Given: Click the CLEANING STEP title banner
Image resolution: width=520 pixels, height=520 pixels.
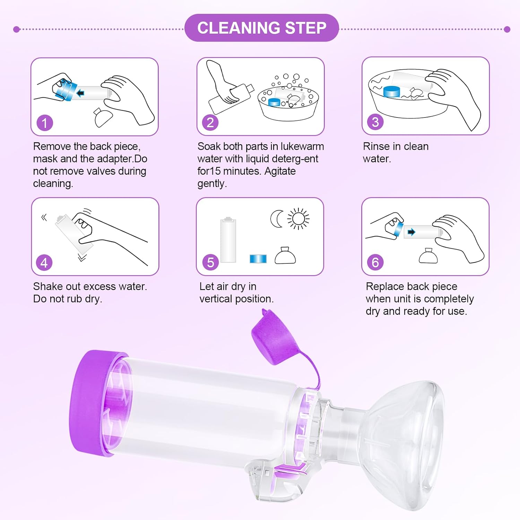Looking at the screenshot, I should coord(261,28).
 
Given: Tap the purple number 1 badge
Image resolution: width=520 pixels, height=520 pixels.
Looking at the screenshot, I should coord(45,123).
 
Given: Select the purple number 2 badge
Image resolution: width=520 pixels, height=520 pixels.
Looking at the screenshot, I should coord(210,123).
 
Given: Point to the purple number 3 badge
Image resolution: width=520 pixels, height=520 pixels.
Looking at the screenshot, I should coord(375,122).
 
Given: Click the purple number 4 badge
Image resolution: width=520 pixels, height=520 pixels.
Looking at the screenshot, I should coord(44,263).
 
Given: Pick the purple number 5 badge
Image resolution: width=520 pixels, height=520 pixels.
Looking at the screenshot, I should coord(210,262).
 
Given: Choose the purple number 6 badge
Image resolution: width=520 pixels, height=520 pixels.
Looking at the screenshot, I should coord(375,262).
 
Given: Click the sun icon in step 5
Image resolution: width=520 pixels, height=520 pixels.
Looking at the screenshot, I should coord(298,219).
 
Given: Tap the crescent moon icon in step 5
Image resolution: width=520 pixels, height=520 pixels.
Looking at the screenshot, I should coord(277,219).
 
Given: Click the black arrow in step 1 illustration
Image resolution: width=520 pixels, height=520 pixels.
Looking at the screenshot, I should coord(80,93).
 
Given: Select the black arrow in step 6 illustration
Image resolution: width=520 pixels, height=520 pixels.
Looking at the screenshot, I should coord(411,232).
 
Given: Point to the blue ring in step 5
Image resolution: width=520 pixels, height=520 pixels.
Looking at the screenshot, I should coord(258,259).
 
